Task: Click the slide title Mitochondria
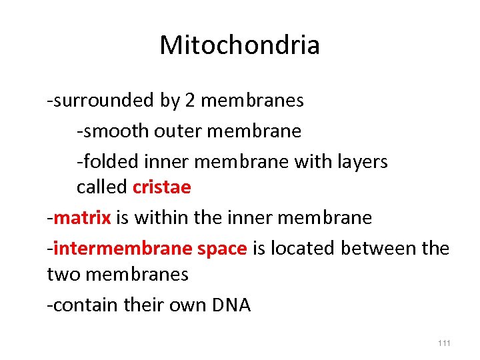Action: (x=240, y=45)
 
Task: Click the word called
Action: (x=102, y=187)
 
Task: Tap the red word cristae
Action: (x=162, y=187)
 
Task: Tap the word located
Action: (x=304, y=249)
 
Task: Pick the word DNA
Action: (x=231, y=305)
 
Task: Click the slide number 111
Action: (x=444, y=343)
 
